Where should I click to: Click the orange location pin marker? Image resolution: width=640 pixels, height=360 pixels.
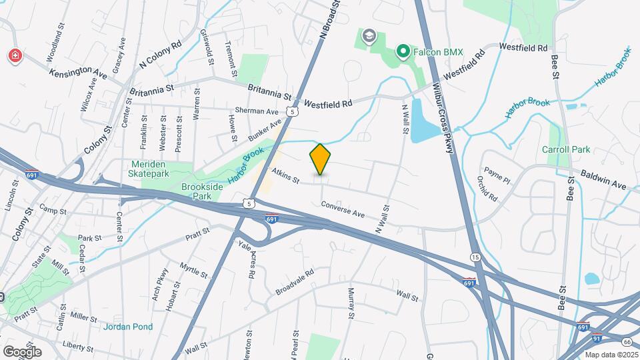pos(320,159)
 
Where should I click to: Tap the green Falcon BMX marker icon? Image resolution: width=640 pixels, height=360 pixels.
pos(403,51)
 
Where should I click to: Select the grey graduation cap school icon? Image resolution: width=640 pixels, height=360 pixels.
pos(367,35)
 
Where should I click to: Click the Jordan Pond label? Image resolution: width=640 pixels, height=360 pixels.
pos(128,327)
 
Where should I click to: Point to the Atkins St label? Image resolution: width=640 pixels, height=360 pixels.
pos(286,176)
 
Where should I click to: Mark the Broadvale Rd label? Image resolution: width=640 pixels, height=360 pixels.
pos(294,283)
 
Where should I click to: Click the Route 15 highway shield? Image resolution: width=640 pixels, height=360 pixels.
pos(475,257)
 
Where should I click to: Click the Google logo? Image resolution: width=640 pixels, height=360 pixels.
pos(22,351)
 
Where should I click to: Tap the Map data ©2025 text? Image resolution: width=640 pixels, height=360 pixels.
pos(611,355)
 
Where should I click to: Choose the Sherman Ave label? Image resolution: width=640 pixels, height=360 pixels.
pos(257,111)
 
